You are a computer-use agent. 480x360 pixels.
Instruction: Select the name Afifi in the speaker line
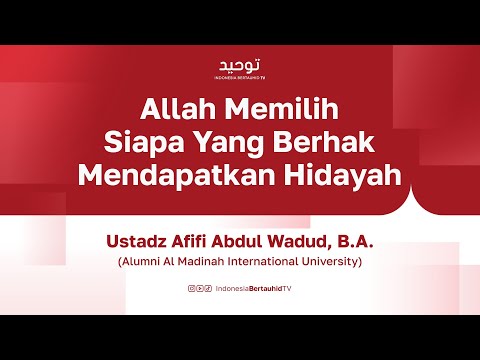click(191, 241)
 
